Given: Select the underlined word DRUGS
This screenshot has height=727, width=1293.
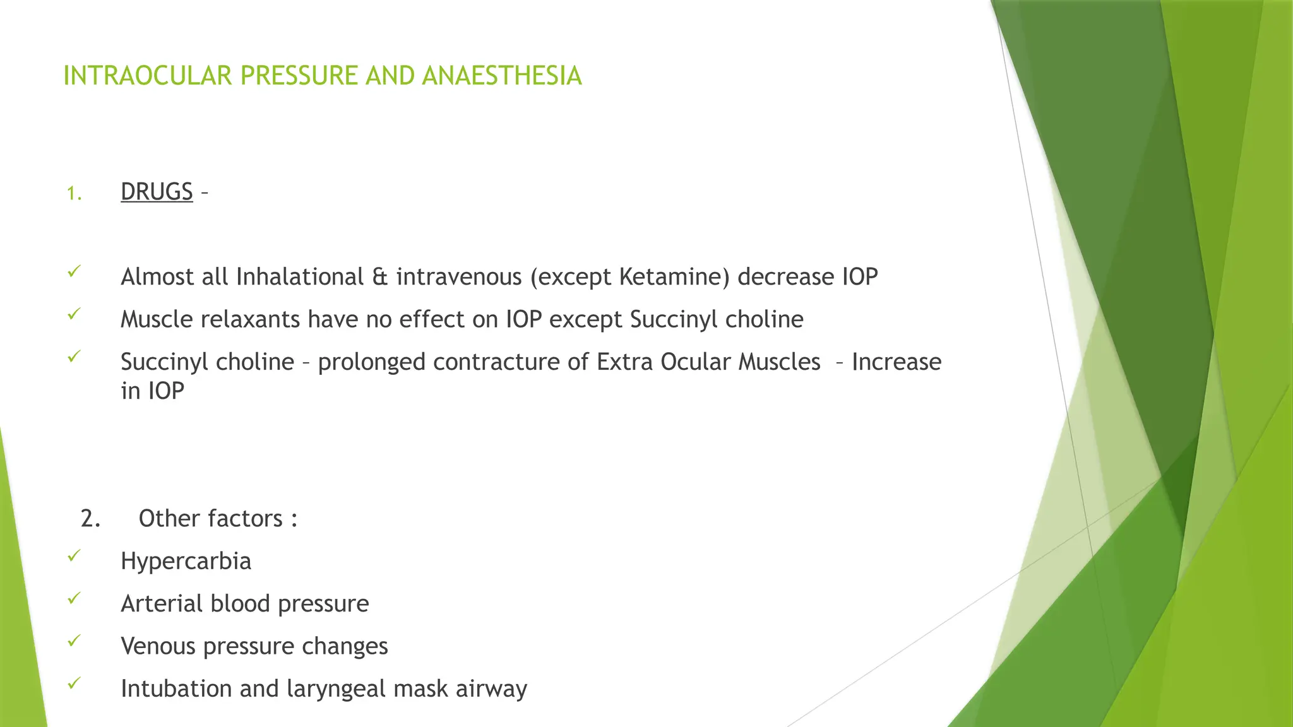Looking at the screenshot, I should point(157,192).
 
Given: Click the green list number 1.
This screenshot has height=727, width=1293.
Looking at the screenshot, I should point(74,194).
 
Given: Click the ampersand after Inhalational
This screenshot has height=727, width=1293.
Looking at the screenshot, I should point(380,277).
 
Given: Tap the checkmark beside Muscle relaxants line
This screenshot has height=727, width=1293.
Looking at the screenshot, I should point(74,314).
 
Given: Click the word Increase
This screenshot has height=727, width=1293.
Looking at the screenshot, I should point(897,362).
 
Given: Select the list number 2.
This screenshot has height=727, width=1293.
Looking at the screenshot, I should point(90,519).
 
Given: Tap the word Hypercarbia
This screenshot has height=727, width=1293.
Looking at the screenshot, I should point(186,561).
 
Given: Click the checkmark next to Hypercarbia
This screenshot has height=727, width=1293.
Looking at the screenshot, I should point(74,555).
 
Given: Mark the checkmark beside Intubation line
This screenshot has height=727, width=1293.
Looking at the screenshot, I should point(74,683).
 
